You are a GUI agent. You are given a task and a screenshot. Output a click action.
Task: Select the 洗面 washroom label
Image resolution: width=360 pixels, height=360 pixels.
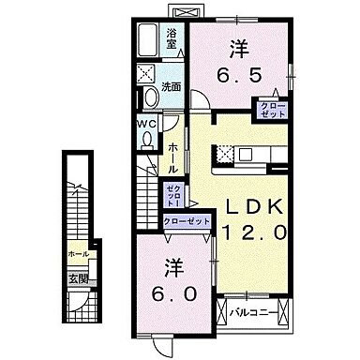coord(172,87)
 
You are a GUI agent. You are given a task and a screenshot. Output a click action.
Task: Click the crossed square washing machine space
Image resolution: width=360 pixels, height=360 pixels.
coord(146,73)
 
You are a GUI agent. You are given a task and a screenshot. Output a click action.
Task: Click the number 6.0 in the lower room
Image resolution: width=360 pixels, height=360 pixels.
coord(173,292)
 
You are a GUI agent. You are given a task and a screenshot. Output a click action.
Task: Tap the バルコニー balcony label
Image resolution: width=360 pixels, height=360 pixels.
coord(253,308)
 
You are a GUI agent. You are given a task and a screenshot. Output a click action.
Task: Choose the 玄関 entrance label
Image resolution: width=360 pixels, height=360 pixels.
coord(79,278)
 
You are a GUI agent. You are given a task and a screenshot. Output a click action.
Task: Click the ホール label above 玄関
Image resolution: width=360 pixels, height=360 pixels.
coord(79,254)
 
